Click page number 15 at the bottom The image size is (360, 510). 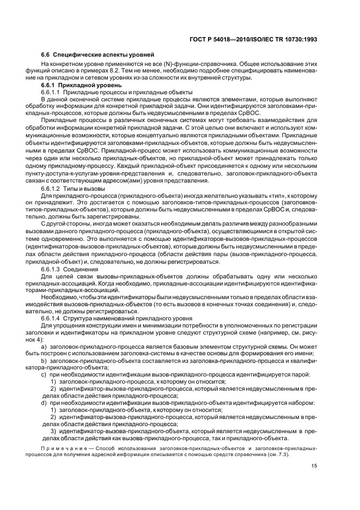[x=314, y=465]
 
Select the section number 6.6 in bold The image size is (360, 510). [x=46, y=55]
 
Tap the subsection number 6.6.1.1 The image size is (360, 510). [x=51, y=93]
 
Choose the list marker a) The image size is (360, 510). [x=44, y=347]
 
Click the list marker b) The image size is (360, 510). [x=44, y=360]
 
